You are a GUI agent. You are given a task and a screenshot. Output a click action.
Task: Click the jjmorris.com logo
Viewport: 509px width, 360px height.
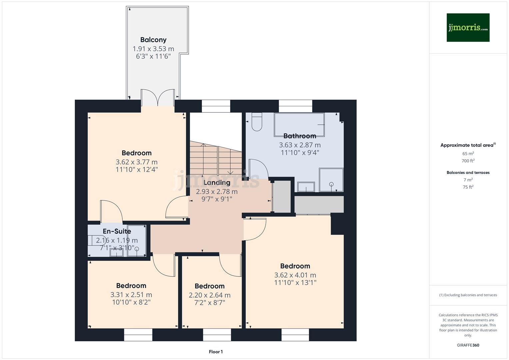[468, 27]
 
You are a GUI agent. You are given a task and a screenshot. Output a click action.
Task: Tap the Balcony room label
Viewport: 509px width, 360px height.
[153, 40]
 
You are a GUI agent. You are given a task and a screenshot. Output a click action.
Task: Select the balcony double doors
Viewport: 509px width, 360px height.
[158, 98]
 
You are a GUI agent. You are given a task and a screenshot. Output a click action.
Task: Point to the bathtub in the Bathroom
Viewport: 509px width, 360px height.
[299, 125]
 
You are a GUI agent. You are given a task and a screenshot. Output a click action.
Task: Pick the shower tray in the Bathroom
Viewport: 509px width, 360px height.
[331, 180]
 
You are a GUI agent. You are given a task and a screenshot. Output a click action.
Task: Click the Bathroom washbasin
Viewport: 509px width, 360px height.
[306, 187]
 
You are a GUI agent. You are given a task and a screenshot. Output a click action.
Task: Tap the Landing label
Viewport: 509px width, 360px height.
[217, 183]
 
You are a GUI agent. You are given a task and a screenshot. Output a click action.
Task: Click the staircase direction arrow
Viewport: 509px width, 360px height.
[230, 172]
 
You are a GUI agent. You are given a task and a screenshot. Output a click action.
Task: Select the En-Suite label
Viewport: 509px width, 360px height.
[117, 231]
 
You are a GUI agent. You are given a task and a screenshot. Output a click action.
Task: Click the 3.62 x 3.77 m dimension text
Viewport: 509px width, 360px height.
[136, 162]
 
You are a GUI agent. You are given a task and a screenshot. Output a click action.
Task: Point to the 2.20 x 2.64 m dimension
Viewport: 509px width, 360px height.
[209, 295]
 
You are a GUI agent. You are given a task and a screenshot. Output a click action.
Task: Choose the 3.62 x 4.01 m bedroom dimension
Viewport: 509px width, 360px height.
[295, 275]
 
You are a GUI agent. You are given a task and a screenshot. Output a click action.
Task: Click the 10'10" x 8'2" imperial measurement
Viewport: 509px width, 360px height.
[131, 302]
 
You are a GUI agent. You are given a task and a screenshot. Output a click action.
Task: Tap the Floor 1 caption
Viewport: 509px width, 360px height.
[216, 352]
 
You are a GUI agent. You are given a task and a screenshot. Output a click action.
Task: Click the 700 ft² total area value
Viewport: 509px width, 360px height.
[468, 161]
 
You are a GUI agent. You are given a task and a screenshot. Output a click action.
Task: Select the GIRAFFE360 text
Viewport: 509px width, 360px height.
[468, 345]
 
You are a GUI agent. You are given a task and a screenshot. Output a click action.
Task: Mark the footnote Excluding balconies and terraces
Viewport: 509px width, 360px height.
[468, 295]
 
